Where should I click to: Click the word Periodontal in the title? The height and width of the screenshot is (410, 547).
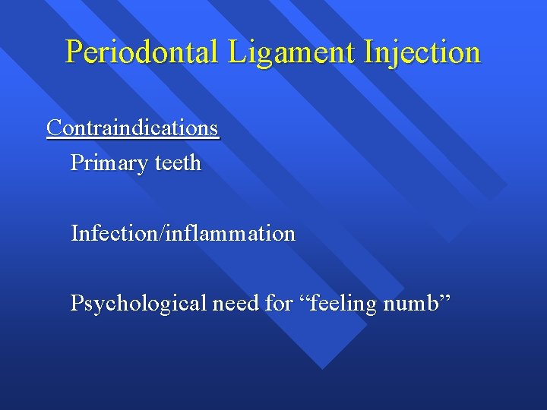[x=141, y=52]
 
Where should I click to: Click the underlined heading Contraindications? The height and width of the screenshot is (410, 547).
[x=133, y=128]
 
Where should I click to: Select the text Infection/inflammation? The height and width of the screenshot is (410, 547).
[x=182, y=233]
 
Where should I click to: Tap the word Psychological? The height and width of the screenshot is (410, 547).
[x=138, y=303]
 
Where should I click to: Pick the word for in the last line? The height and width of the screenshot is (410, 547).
[x=278, y=303]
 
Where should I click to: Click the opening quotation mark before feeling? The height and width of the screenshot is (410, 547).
[x=301, y=298]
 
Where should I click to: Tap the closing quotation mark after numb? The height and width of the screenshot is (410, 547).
[x=447, y=298]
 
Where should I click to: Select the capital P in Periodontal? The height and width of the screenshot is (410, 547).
[x=74, y=52]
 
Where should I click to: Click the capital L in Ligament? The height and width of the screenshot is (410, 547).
[x=232, y=52]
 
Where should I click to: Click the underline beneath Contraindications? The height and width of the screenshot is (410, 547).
[x=133, y=137]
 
